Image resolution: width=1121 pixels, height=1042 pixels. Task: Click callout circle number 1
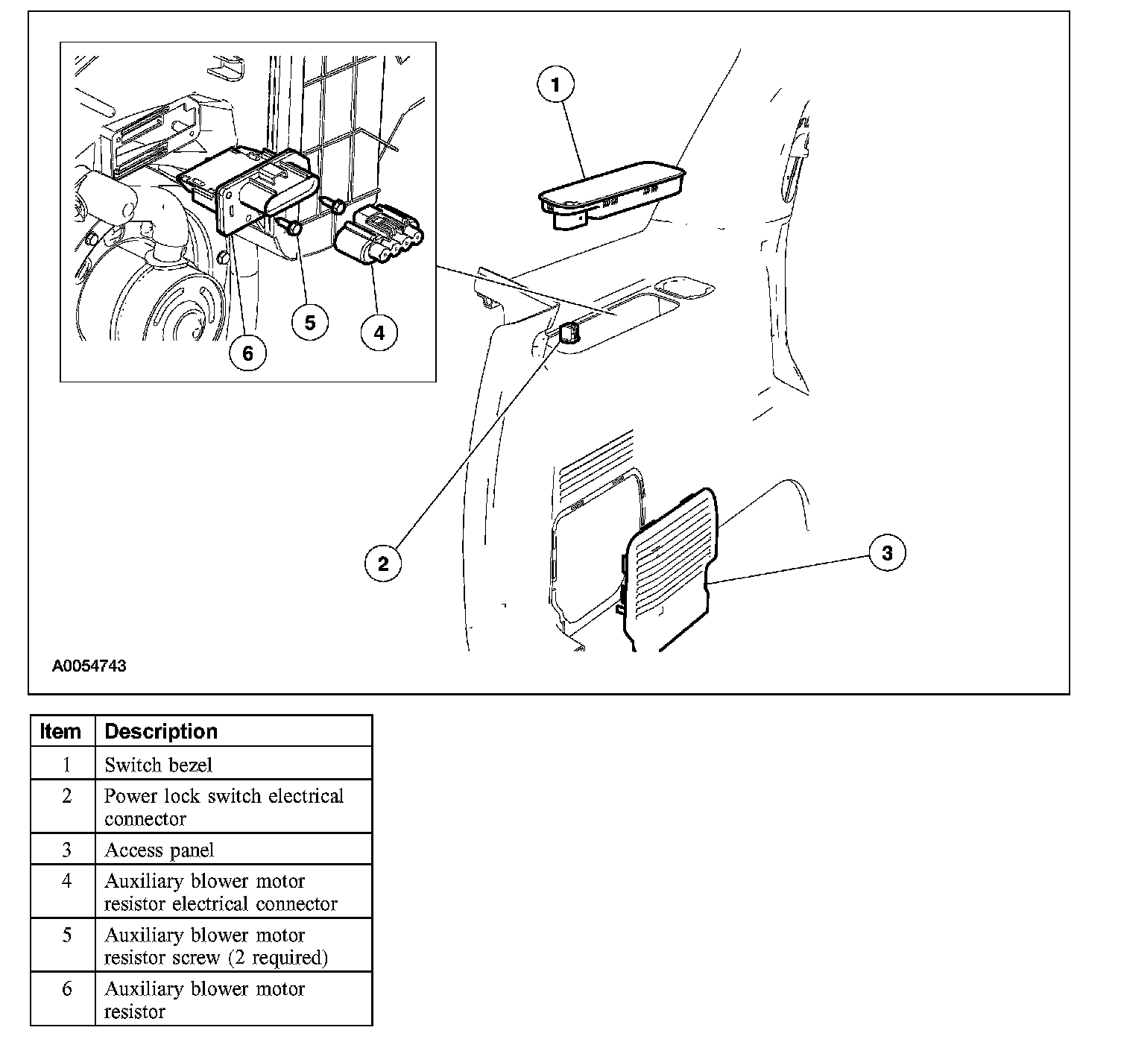tap(555, 85)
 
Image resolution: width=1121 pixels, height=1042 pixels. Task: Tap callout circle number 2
tap(383, 563)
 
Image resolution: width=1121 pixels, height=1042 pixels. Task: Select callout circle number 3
tap(887, 553)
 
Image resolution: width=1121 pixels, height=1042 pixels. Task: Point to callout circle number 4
tap(379, 332)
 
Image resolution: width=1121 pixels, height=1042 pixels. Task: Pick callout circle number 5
tap(310, 322)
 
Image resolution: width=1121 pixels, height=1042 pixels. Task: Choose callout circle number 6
tap(247, 352)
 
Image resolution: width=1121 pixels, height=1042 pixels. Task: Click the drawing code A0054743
tap(89, 666)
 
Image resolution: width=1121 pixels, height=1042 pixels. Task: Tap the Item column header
tap(61, 731)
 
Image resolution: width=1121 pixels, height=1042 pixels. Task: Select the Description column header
tap(161, 731)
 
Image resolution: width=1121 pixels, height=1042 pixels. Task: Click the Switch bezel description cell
tap(159, 765)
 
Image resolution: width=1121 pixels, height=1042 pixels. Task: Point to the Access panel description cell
tap(160, 850)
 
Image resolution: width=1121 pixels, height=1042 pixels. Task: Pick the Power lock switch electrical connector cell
tap(224, 807)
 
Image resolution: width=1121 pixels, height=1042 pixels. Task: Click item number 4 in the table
tap(66, 881)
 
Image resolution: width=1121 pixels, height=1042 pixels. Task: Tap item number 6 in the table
tap(66, 989)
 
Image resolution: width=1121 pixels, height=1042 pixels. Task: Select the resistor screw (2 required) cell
tap(216, 946)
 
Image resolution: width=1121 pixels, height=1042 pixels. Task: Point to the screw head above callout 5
tap(294, 227)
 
